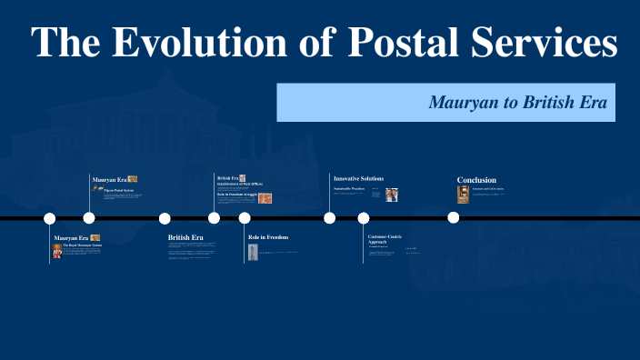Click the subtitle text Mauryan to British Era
click(x=522, y=102)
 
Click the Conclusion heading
click(x=476, y=180)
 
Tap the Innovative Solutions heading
click(x=358, y=178)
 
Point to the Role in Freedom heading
click(x=268, y=237)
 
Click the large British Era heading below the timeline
click(x=185, y=237)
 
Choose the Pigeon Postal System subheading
click(x=119, y=190)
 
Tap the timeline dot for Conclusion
click(x=453, y=218)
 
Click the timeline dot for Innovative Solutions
click(x=330, y=218)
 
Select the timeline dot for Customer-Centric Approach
click(x=364, y=218)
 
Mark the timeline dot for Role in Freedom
click(x=245, y=218)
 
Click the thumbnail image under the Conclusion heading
click(x=464, y=194)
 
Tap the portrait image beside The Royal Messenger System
click(x=56, y=252)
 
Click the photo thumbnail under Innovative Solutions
click(x=391, y=195)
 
